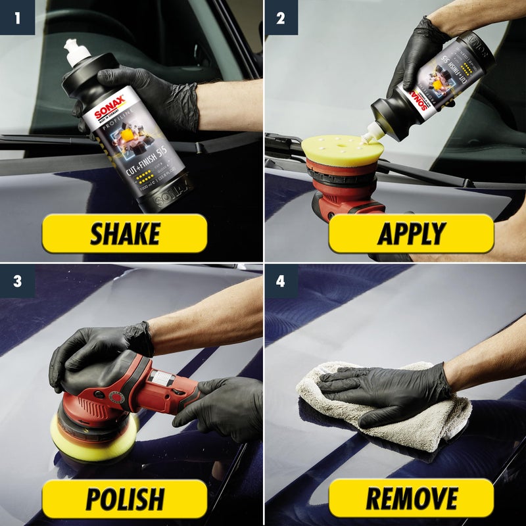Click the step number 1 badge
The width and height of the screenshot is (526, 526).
[17, 17]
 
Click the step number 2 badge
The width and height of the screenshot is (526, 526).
[281, 17]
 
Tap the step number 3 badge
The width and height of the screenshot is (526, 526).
[17, 281]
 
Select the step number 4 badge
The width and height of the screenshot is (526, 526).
[281, 281]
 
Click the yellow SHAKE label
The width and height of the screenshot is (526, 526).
[124, 233]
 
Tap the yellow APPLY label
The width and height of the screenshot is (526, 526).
[411, 233]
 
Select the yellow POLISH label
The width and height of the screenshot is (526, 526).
[124, 498]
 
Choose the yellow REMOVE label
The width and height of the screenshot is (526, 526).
[411, 498]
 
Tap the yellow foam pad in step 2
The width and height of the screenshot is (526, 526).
[342, 150]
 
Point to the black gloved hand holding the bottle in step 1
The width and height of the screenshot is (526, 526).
[158, 99]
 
